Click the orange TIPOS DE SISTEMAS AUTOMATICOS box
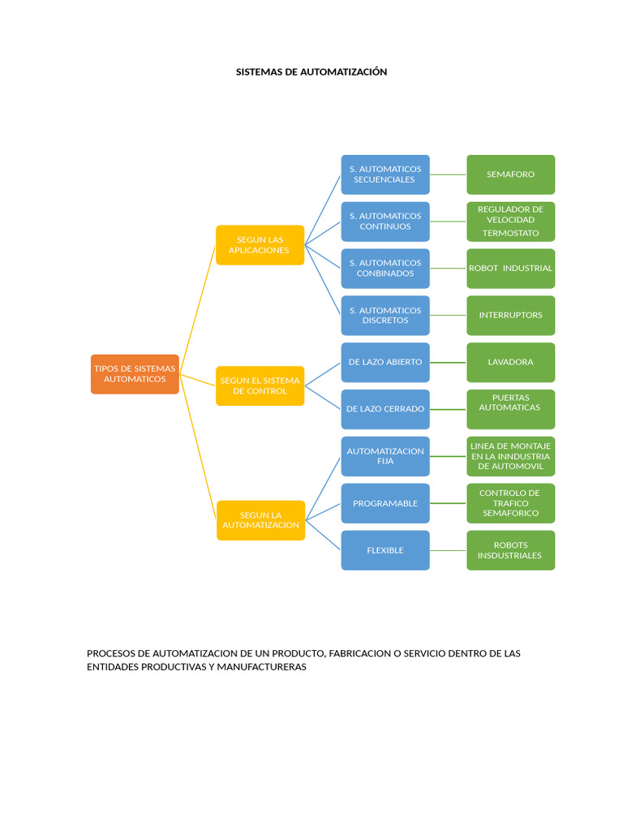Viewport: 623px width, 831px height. tap(135, 374)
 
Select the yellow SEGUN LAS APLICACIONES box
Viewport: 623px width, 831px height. tap(260, 245)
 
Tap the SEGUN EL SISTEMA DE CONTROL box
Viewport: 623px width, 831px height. tap(260, 385)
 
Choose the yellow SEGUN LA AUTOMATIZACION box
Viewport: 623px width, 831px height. tap(260, 520)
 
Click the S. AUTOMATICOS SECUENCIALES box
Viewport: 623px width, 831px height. tap(385, 174)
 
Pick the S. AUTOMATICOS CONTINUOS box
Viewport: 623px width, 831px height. tap(385, 222)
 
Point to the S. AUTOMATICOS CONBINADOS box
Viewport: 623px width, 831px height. tap(385, 268)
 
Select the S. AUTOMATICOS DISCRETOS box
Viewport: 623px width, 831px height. tap(385, 316)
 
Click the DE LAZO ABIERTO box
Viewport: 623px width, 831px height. tap(385, 363)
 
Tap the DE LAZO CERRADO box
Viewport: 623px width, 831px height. tap(385, 409)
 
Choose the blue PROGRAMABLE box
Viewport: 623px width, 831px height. tap(385, 503)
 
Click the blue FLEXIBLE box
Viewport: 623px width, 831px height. tap(385, 550)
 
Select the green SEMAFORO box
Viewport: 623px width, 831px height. tap(511, 174)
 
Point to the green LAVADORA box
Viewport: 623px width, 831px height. tap(511, 363)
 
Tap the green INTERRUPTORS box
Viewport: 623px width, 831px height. tap(511, 316)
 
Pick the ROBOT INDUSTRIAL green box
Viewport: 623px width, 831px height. tap(511, 268)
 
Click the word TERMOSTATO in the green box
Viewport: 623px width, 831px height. tap(511, 233)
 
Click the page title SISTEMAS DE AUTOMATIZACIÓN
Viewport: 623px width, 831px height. tap(311, 72)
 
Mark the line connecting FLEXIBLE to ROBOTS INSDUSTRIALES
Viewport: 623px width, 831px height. tap(448, 551)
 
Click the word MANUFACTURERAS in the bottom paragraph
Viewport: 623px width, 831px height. tap(262, 667)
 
